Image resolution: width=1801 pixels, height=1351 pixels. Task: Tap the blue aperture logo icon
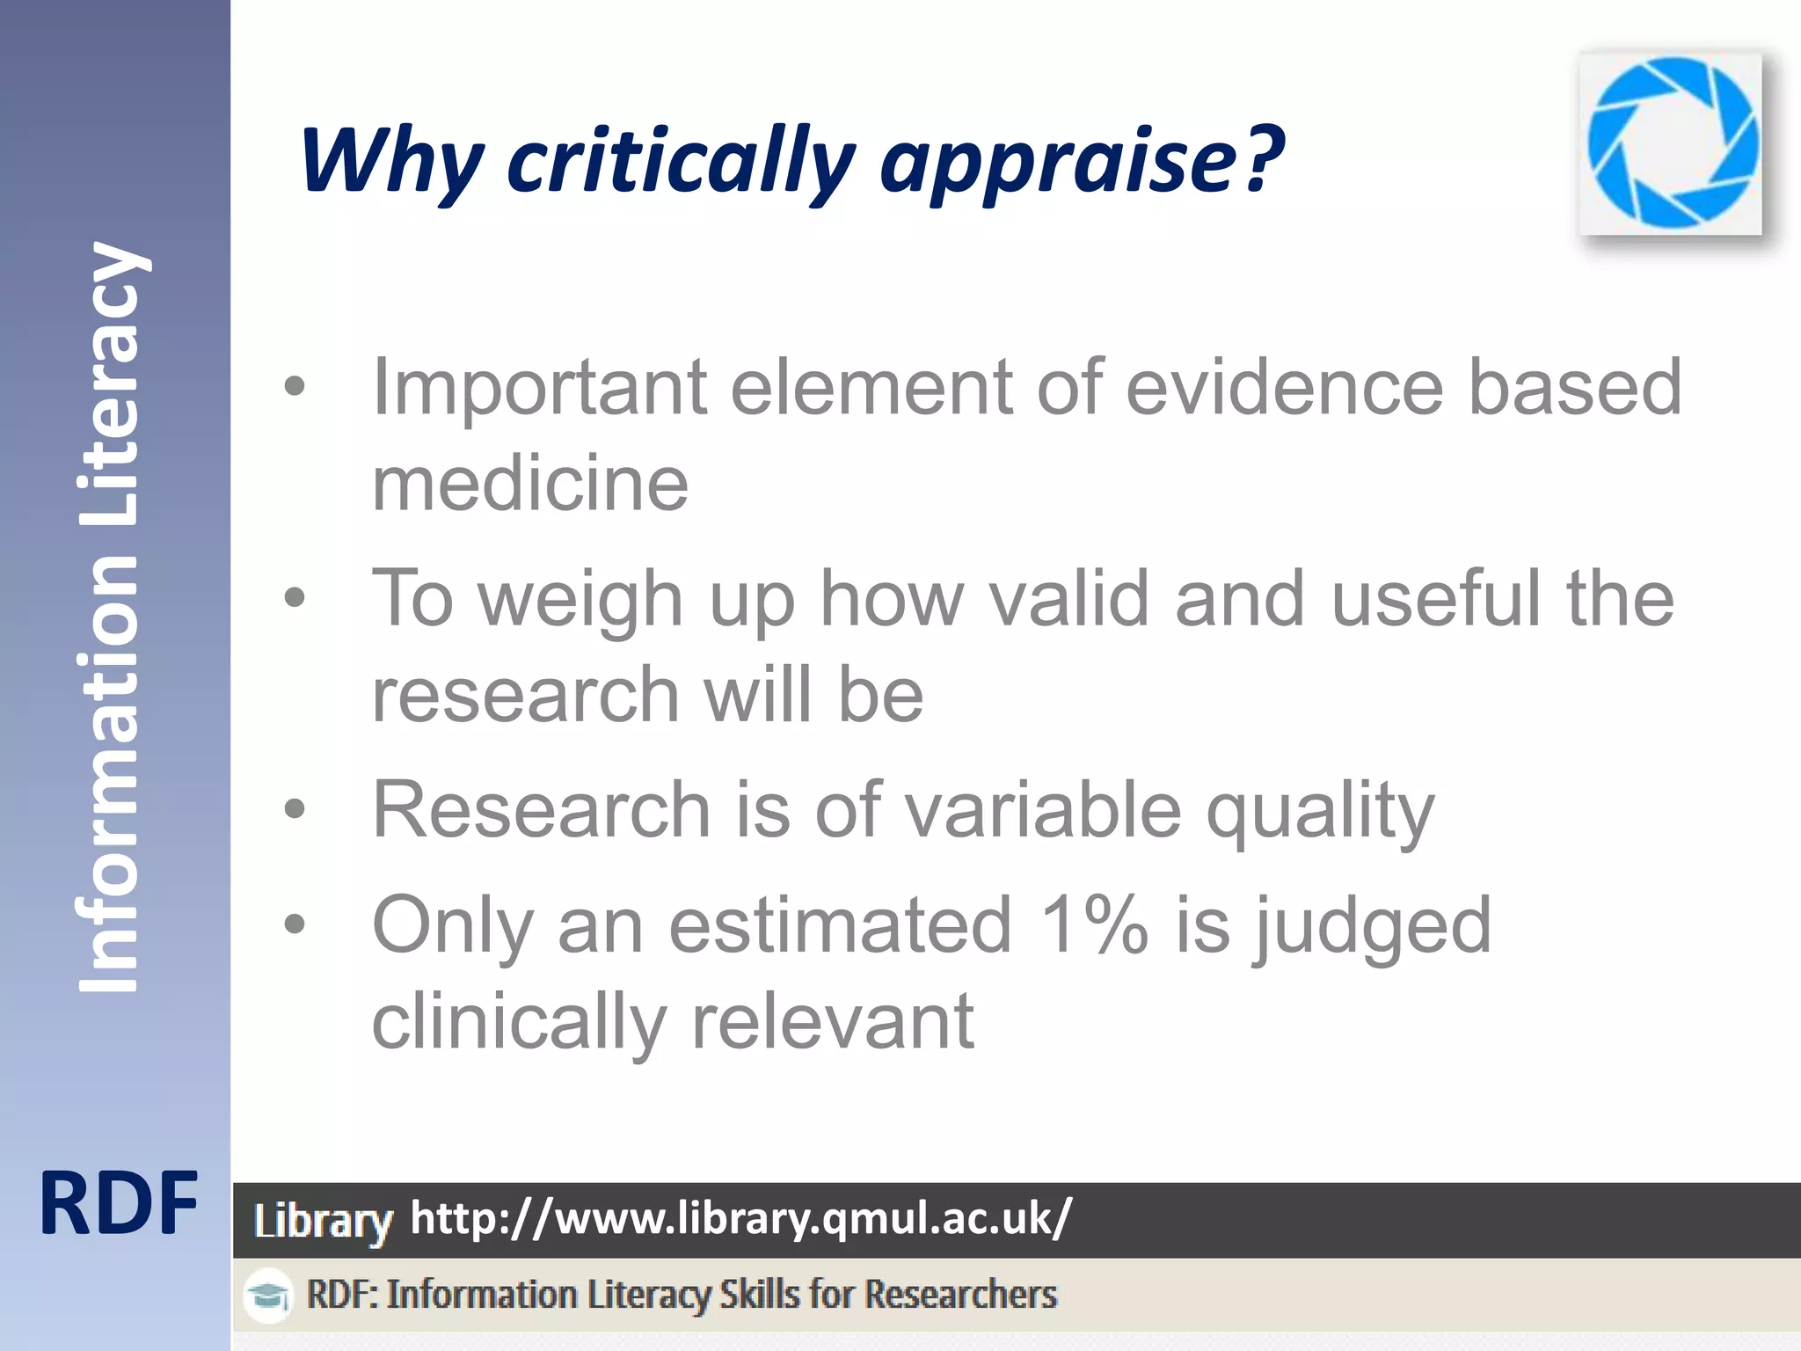(1672, 143)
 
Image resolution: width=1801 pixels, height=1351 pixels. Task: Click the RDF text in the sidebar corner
(118, 1204)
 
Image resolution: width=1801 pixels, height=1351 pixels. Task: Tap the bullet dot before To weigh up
(295, 599)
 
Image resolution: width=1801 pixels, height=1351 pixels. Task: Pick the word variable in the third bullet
(1042, 809)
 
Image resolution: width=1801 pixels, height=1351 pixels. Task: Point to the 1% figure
(1093, 924)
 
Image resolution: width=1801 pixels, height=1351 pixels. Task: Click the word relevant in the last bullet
(832, 1021)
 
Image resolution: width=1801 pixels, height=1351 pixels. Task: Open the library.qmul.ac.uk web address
(740, 1219)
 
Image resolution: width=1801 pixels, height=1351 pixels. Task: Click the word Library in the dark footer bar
(323, 1222)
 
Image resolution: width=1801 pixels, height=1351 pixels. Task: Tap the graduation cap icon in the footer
(268, 1296)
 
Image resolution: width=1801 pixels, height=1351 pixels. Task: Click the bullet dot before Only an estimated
(295, 924)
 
